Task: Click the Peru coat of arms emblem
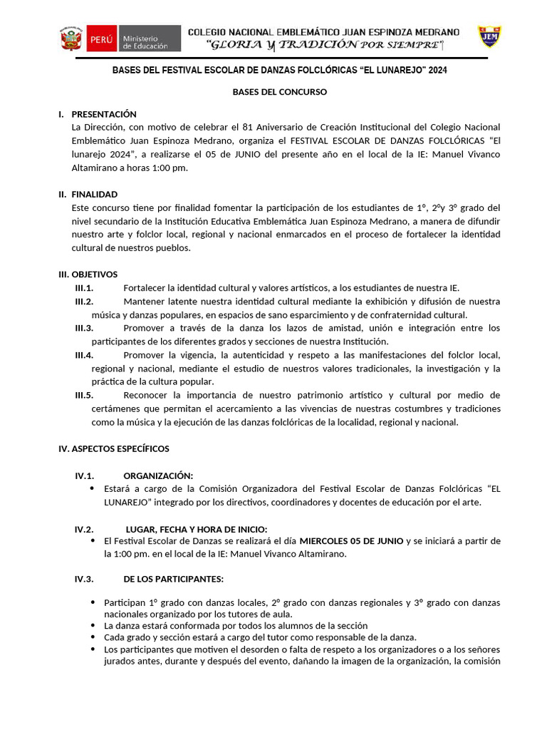click(x=71, y=38)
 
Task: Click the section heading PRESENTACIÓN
click(x=104, y=114)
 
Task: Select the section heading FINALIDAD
click(x=95, y=194)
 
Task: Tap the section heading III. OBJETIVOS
click(x=88, y=274)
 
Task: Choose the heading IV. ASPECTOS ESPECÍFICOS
click(x=113, y=448)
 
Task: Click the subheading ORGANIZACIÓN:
click(x=158, y=475)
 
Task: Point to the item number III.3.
click(x=84, y=328)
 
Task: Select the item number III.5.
click(x=84, y=395)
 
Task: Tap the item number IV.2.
click(x=84, y=529)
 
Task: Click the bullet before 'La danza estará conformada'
click(x=93, y=625)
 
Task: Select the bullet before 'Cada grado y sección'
click(x=93, y=637)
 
